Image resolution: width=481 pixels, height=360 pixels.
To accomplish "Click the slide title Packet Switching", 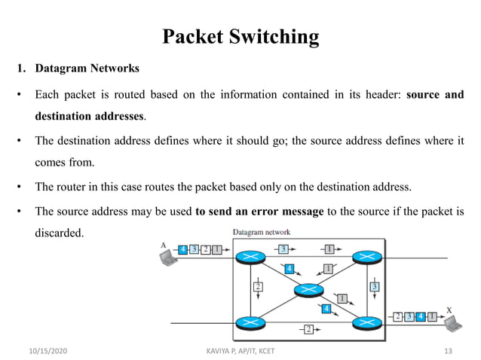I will (x=240, y=36).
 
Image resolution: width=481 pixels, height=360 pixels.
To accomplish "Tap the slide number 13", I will (x=449, y=352).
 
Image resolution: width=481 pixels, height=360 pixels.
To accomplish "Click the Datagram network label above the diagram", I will (x=262, y=232).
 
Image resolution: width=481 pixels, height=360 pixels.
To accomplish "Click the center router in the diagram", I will (x=308, y=290).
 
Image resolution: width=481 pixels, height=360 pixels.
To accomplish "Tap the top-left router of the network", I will (x=248, y=258).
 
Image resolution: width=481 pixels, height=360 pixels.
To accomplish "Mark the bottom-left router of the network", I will (x=248, y=323).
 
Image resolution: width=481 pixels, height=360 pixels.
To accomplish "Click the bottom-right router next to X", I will (x=366, y=323).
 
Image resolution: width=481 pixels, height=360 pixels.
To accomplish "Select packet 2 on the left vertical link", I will (x=258, y=286).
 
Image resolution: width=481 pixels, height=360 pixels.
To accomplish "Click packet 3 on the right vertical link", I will (x=375, y=286).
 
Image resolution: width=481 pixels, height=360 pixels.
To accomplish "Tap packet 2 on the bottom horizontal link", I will (x=308, y=329).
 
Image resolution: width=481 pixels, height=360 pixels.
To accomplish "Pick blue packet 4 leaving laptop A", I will (x=183, y=249).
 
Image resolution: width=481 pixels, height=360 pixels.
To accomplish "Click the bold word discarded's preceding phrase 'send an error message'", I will (x=259, y=212).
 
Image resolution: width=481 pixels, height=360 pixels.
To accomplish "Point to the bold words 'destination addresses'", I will (x=90, y=117).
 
